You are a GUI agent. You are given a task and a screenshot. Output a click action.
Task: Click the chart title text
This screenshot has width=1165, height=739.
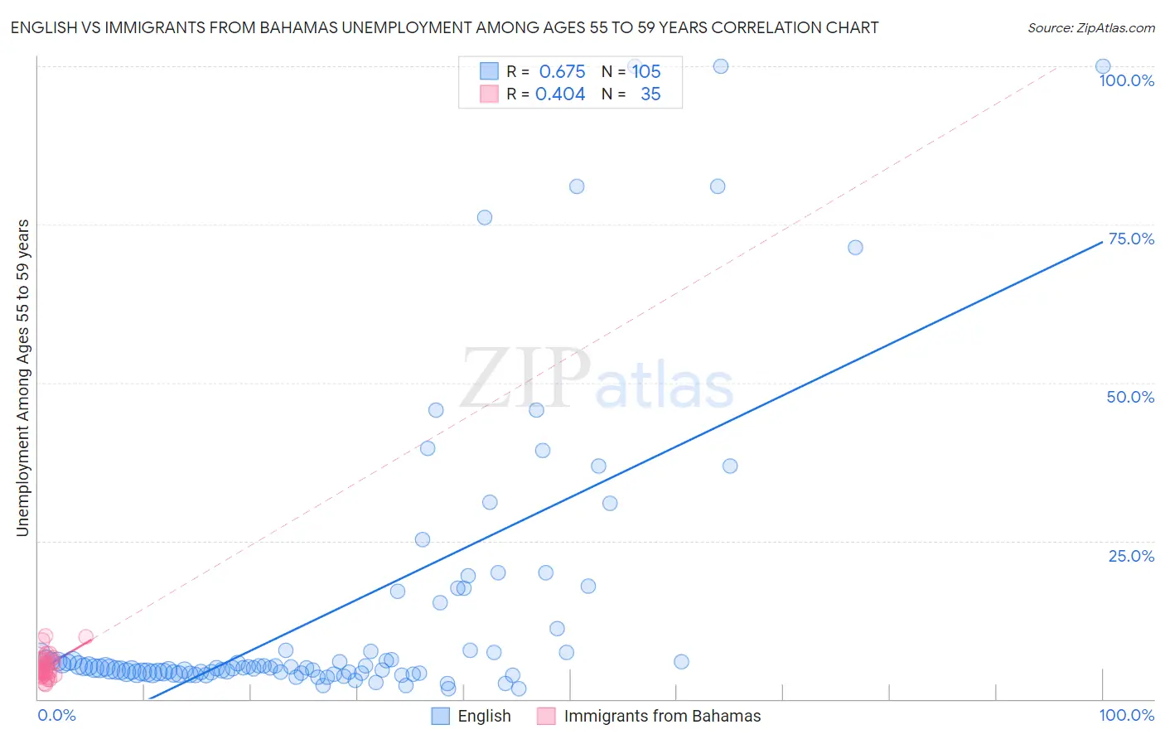(444, 27)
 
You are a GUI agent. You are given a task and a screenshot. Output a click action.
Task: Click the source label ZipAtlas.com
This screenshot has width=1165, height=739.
(1090, 27)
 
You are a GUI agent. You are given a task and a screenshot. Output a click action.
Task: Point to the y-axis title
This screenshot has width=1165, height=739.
(22, 378)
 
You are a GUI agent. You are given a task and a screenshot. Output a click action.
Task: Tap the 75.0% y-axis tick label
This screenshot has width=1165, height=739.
(1131, 239)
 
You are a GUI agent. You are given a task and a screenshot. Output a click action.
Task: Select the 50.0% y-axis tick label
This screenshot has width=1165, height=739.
(1130, 397)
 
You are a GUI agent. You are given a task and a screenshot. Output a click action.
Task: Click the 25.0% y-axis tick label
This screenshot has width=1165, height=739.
(1131, 556)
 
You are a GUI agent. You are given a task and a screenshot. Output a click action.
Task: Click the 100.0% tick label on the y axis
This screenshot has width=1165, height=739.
(1126, 80)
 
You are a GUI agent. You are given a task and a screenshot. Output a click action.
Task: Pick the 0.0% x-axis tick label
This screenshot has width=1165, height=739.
(56, 715)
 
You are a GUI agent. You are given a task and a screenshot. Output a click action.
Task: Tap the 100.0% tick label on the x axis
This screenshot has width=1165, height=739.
(1126, 715)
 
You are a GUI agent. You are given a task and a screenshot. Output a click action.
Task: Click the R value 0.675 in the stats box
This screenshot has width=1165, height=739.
(562, 72)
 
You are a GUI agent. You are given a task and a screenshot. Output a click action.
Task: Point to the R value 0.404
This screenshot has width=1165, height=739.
(560, 94)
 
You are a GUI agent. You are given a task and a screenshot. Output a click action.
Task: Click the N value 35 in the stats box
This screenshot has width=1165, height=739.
(650, 94)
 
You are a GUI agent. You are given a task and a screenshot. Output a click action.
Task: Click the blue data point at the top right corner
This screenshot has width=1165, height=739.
(1103, 66)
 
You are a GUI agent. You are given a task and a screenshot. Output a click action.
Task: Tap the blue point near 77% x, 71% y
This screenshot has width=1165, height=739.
(855, 248)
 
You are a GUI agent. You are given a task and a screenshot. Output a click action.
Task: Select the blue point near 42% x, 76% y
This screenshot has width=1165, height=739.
(485, 218)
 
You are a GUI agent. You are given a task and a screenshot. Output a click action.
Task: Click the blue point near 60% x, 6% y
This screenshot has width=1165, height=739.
(681, 662)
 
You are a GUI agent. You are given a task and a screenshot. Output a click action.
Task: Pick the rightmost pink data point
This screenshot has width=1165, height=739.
(85, 637)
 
